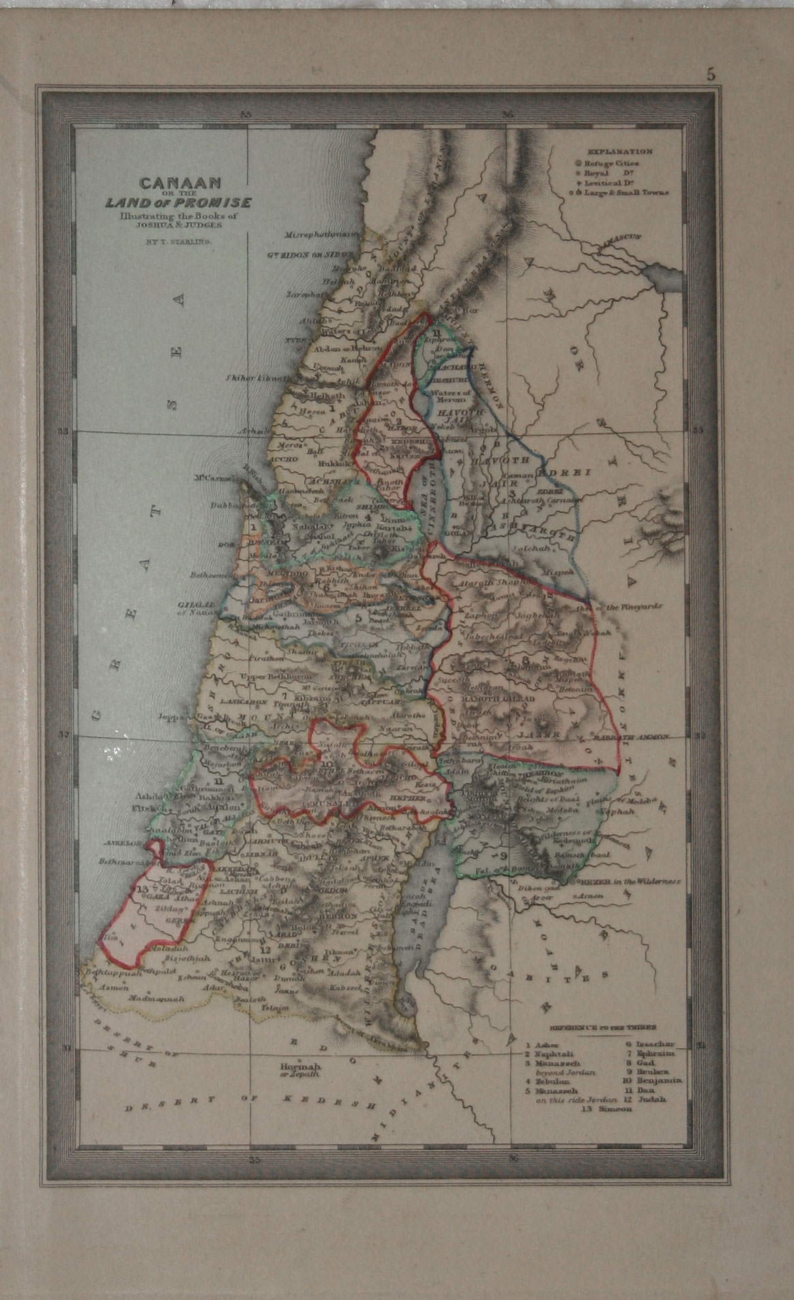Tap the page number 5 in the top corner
point(711,76)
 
